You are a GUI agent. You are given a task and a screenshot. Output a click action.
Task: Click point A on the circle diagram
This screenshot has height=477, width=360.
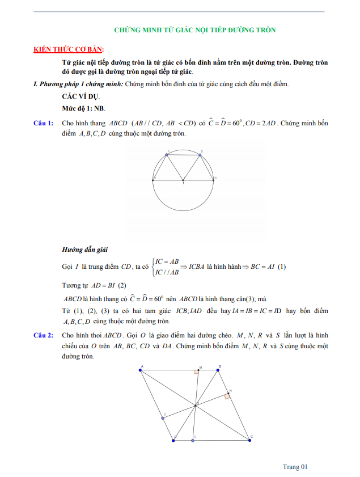coord(167,154)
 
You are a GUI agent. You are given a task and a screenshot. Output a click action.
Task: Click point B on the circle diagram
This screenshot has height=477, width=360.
coord(200,154)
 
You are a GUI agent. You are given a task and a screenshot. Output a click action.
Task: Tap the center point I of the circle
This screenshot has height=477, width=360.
coord(183,180)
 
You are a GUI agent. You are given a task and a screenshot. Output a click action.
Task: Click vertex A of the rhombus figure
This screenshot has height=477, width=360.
coord(141,370)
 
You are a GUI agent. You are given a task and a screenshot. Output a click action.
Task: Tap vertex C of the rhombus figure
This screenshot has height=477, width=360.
coord(249,438)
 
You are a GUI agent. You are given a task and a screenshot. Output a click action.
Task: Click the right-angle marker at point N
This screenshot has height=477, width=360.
coord(227,396)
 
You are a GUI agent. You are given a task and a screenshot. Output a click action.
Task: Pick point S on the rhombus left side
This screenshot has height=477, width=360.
coord(164,417)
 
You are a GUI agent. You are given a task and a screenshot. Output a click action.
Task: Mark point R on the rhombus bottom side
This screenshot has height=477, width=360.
coord(193,438)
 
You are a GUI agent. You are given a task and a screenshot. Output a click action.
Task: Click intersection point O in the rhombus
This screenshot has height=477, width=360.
coord(196,404)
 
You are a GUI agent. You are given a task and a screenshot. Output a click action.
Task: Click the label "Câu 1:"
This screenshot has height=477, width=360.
coord(43,123)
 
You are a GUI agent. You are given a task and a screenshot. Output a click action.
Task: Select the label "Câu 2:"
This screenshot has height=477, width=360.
coord(43,335)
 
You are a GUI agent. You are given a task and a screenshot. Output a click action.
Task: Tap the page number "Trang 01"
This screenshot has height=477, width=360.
coord(295,466)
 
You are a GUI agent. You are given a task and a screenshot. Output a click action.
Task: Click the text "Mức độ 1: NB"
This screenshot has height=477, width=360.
coord(84,108)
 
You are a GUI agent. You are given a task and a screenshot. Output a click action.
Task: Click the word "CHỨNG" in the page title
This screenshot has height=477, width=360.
coord(128,29)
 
